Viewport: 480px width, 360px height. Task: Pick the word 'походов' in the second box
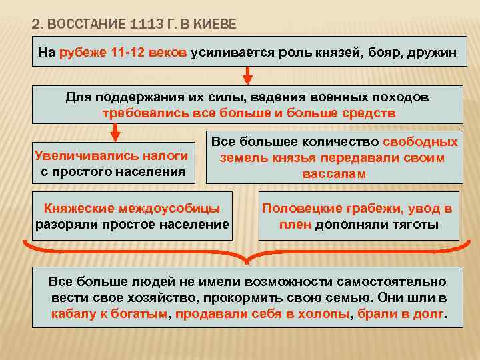401,97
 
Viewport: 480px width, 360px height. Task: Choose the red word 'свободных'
420,141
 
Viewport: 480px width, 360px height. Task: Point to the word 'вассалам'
334,173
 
